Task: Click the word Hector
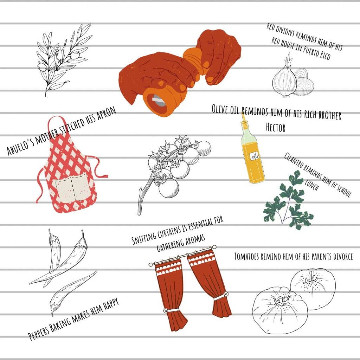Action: [276, 128]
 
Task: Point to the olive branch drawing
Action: [63, 59]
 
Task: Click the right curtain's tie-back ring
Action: [226, 294]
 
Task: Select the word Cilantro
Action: [294, 160]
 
